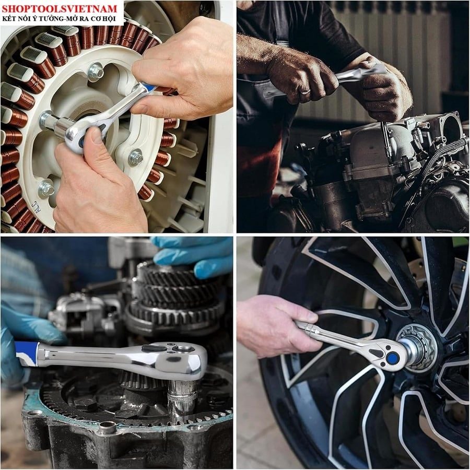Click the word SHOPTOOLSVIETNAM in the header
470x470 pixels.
point(59,8)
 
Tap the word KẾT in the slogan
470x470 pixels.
point(8,18)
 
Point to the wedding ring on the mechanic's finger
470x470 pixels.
point(305,91)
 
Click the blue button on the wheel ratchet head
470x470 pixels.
point(392,358)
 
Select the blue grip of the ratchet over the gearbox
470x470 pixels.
point(27,354)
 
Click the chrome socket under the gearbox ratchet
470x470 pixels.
point(182,397)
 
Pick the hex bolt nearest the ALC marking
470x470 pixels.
point(46,188)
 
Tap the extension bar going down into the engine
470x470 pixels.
point(386,138)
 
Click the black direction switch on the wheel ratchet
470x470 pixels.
point(376,353)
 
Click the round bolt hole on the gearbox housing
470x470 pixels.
point(107,427)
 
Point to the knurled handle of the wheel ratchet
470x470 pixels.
point(312,330)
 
